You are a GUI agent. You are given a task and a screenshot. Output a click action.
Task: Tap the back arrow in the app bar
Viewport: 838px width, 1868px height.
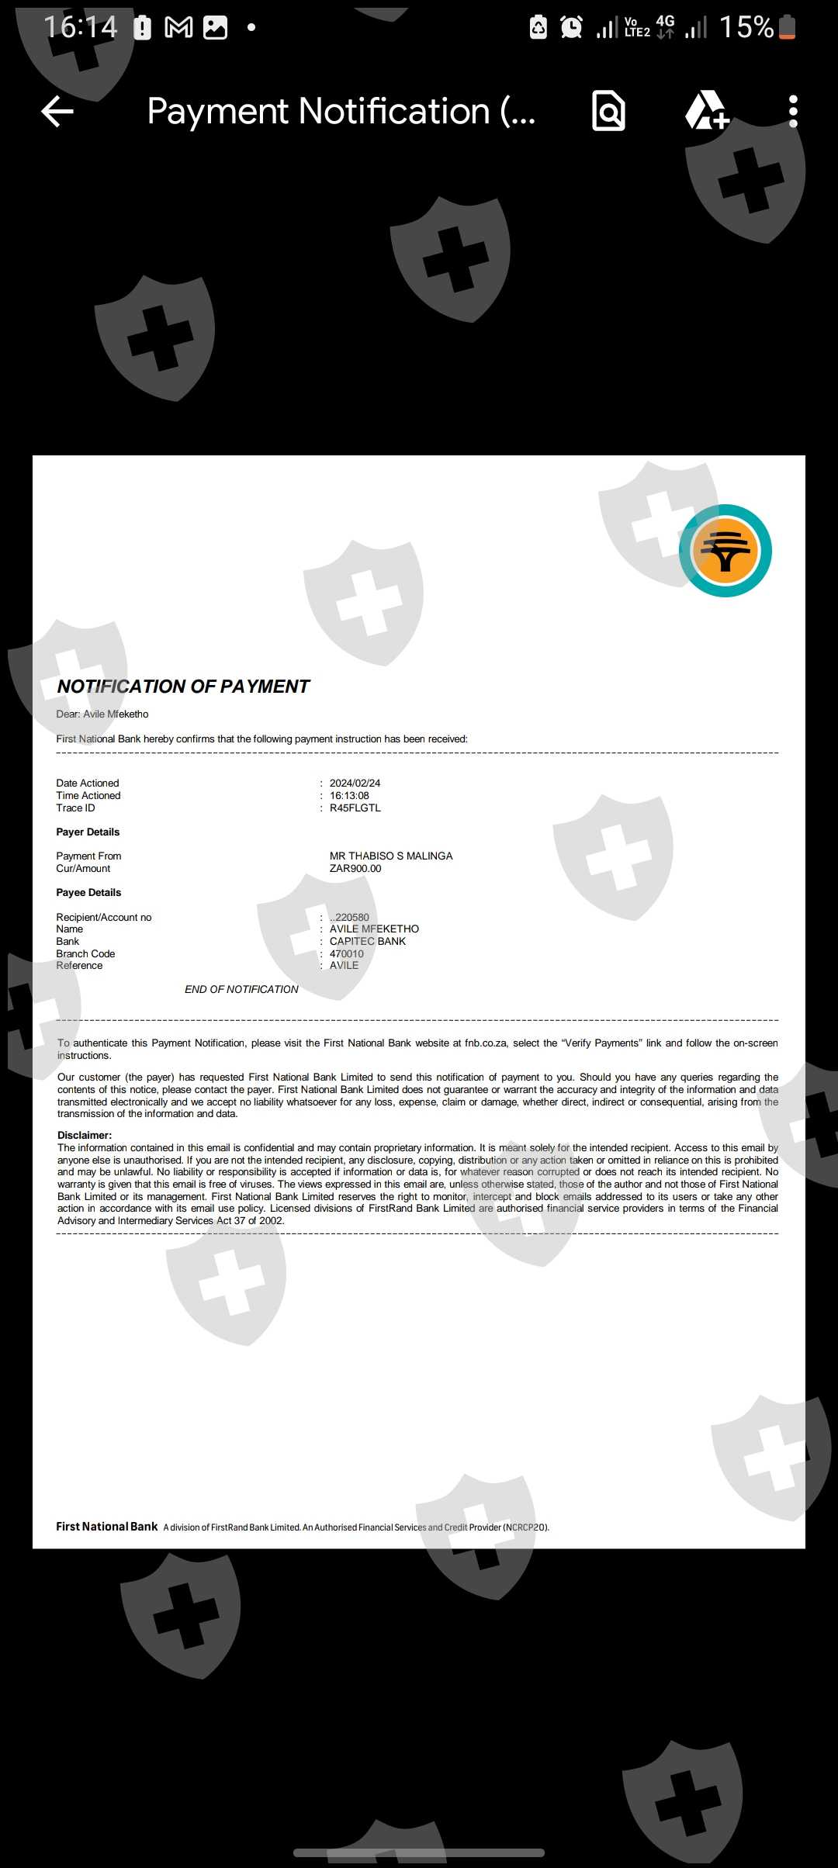[x=57, y=112]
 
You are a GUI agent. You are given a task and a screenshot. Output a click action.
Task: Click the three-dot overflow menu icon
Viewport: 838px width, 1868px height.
[x=792, y=112]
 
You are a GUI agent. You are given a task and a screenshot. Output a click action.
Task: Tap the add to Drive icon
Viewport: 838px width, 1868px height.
[x=706, y=111]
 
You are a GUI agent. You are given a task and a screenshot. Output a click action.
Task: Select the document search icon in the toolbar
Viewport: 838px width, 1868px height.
[x=608, y=111]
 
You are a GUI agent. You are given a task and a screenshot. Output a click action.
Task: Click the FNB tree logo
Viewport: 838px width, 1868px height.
[x=725, y=551]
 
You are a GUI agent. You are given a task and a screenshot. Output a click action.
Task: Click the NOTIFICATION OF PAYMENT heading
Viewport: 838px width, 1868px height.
[x=183, y=687]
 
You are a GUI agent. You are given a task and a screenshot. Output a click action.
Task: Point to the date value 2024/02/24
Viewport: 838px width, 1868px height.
[x=355, y=784]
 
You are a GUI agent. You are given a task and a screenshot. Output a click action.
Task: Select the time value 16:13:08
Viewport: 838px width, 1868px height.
[x=349, y=796]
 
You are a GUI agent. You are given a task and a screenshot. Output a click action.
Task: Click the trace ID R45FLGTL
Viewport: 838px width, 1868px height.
[x=355, y=808]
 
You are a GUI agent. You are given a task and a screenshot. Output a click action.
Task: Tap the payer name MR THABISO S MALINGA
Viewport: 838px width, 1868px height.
[x=391, y=856]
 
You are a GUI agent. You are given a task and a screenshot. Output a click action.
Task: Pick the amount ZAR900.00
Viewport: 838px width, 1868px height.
[x=355, y=869]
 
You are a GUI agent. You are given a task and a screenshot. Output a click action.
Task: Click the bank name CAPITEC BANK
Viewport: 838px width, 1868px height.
[x=368, y=942]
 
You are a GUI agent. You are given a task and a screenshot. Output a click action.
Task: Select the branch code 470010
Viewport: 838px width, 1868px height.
[x=346, y=954]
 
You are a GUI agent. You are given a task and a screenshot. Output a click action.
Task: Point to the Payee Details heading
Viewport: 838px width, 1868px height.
[x=88, y=893]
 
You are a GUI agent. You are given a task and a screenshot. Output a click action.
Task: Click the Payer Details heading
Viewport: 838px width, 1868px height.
[x=88, y=832]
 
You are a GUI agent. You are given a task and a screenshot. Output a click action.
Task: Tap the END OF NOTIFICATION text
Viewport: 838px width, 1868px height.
[x=241, y=990]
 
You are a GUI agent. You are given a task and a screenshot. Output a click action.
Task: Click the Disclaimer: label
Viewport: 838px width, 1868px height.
[x=85, y=1136]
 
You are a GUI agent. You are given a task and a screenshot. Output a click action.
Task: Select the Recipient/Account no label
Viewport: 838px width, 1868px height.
[x=104, y=918]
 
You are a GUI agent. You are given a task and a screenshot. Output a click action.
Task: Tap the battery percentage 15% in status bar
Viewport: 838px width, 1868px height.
[x=746, y=28]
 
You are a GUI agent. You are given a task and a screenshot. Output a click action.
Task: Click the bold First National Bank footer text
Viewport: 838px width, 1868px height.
[x=107, y=1527]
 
